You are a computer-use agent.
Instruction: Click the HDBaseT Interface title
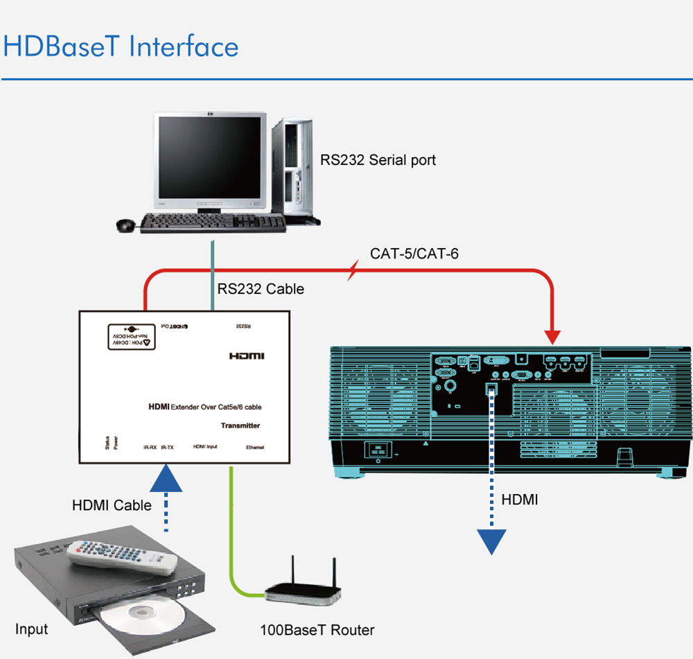coord(121,46)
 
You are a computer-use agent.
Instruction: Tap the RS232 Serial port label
coord(378,160)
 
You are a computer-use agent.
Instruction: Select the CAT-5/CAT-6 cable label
coord(414,254)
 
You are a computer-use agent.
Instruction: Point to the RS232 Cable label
coord(261,289)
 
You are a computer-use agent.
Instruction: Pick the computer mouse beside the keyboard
coord(125,225)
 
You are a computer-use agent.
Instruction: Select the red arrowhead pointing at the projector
coord(552,337)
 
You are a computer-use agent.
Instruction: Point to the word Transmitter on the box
coord(240,425)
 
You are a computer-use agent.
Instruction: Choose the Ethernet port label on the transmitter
coord(255,448)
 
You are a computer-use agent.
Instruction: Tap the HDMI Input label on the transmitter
coord(204,447)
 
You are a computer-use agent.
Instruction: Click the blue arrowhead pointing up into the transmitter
coord(167,479)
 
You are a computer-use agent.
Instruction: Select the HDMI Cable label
coord(112,505)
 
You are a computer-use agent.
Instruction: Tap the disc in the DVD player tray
coord(146,616)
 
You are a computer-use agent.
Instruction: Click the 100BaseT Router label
coord(317,630)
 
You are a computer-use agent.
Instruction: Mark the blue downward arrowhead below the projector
coord(492,541)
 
